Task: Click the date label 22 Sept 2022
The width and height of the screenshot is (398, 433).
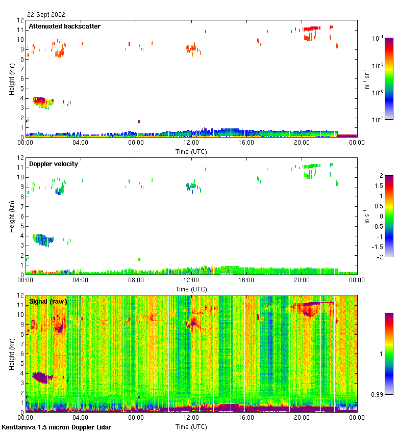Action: click(46, 15)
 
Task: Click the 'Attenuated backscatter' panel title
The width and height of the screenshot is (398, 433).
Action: click(64, 26)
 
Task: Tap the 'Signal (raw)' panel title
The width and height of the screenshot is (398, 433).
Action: click(48, 301)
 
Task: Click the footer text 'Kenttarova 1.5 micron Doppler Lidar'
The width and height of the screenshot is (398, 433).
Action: click(56, 427)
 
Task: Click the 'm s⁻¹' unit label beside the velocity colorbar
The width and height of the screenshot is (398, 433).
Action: click(366, 216)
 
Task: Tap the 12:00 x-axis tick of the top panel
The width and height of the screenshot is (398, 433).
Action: click(191, 143)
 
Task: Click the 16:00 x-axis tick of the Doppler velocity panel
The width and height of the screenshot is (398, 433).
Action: click(246, 281)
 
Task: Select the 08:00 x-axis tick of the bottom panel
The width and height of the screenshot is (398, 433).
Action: click(136, 418)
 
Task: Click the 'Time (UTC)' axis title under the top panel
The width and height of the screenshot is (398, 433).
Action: click(191, 151)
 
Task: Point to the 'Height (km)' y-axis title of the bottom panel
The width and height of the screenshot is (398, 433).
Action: click(12, 353)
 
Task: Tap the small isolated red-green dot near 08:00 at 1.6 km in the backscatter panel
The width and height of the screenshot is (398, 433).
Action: click(139, 122)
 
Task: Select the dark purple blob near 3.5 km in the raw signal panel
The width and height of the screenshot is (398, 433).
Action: click(41, 377)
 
